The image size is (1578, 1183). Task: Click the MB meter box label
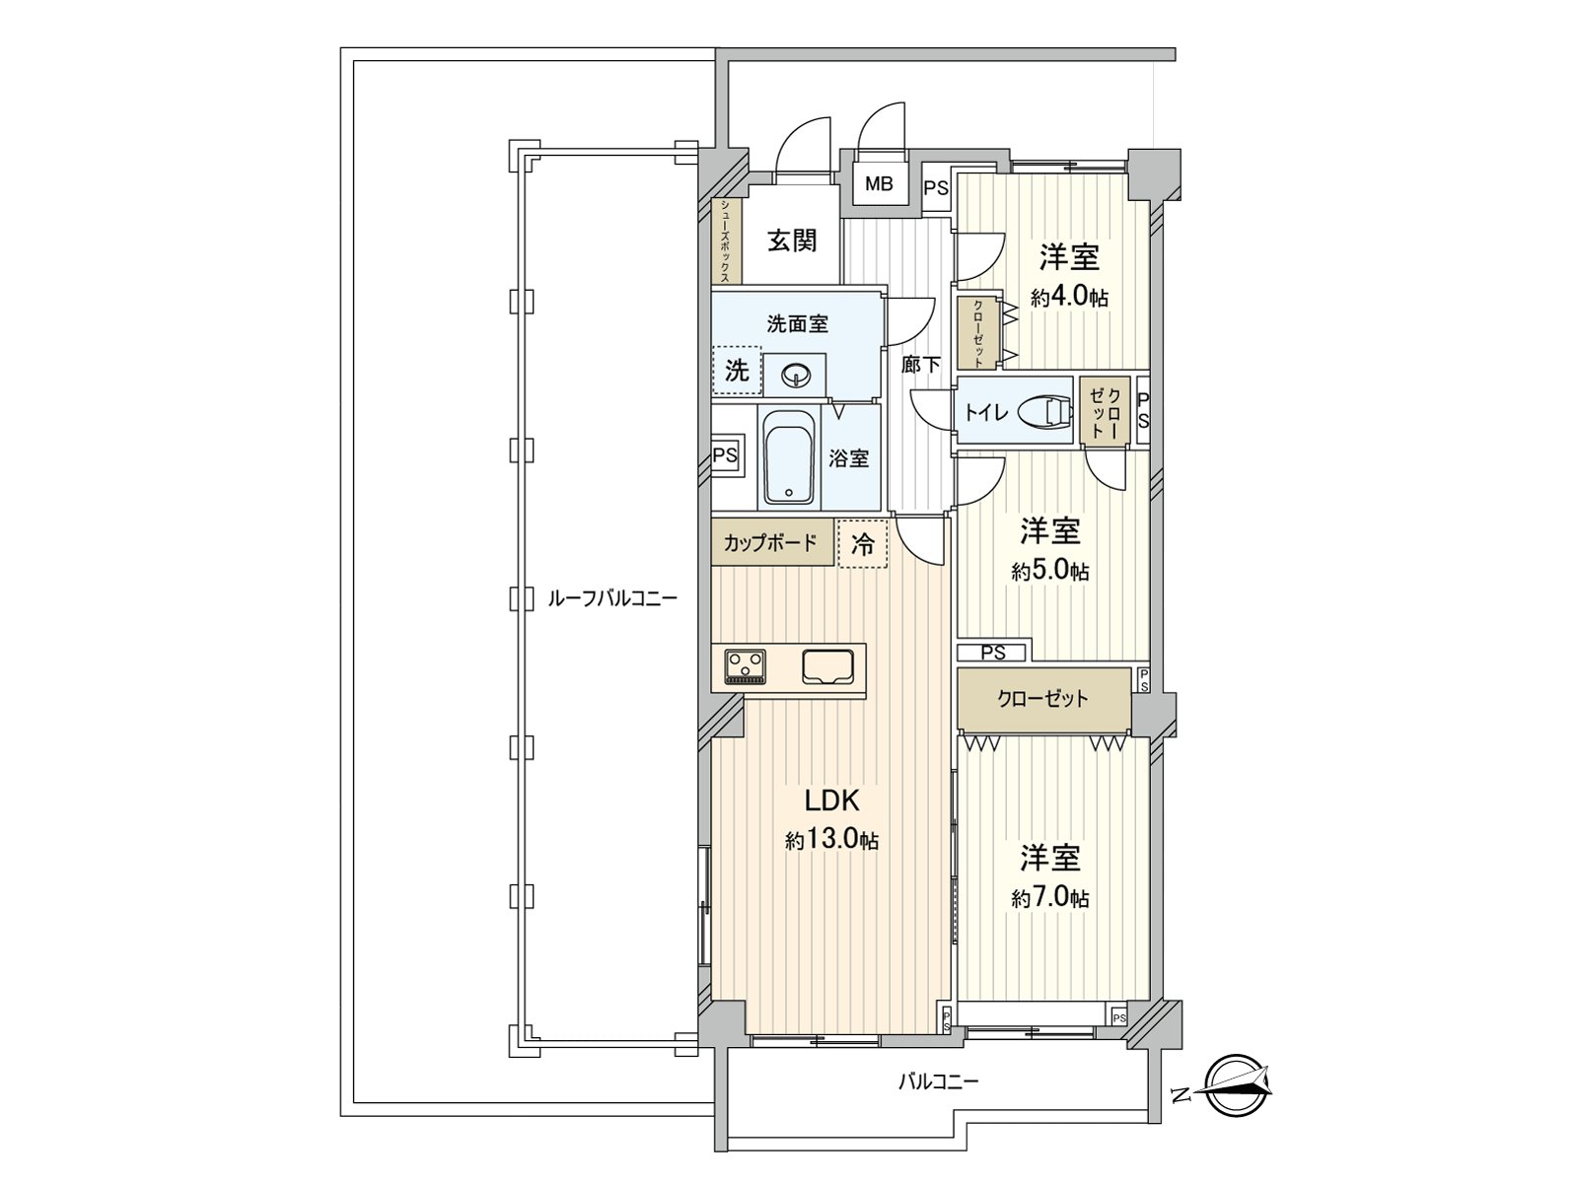879,184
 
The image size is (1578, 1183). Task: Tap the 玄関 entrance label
792,240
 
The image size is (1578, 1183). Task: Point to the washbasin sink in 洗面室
794,375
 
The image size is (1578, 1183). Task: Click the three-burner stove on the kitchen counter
746,665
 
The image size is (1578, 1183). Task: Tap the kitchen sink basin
827,665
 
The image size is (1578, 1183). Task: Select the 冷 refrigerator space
863,543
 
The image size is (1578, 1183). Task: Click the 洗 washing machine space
737,371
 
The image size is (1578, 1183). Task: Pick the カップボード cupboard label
770,543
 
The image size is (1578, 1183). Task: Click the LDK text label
831,799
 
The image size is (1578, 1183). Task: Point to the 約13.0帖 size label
831,840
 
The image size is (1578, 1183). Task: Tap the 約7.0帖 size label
1050,897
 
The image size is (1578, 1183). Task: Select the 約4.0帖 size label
1069,297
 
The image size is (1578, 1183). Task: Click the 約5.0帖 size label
1050,571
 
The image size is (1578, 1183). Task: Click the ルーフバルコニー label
611,598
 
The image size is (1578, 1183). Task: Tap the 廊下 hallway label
920,364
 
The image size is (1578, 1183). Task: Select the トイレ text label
986,412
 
